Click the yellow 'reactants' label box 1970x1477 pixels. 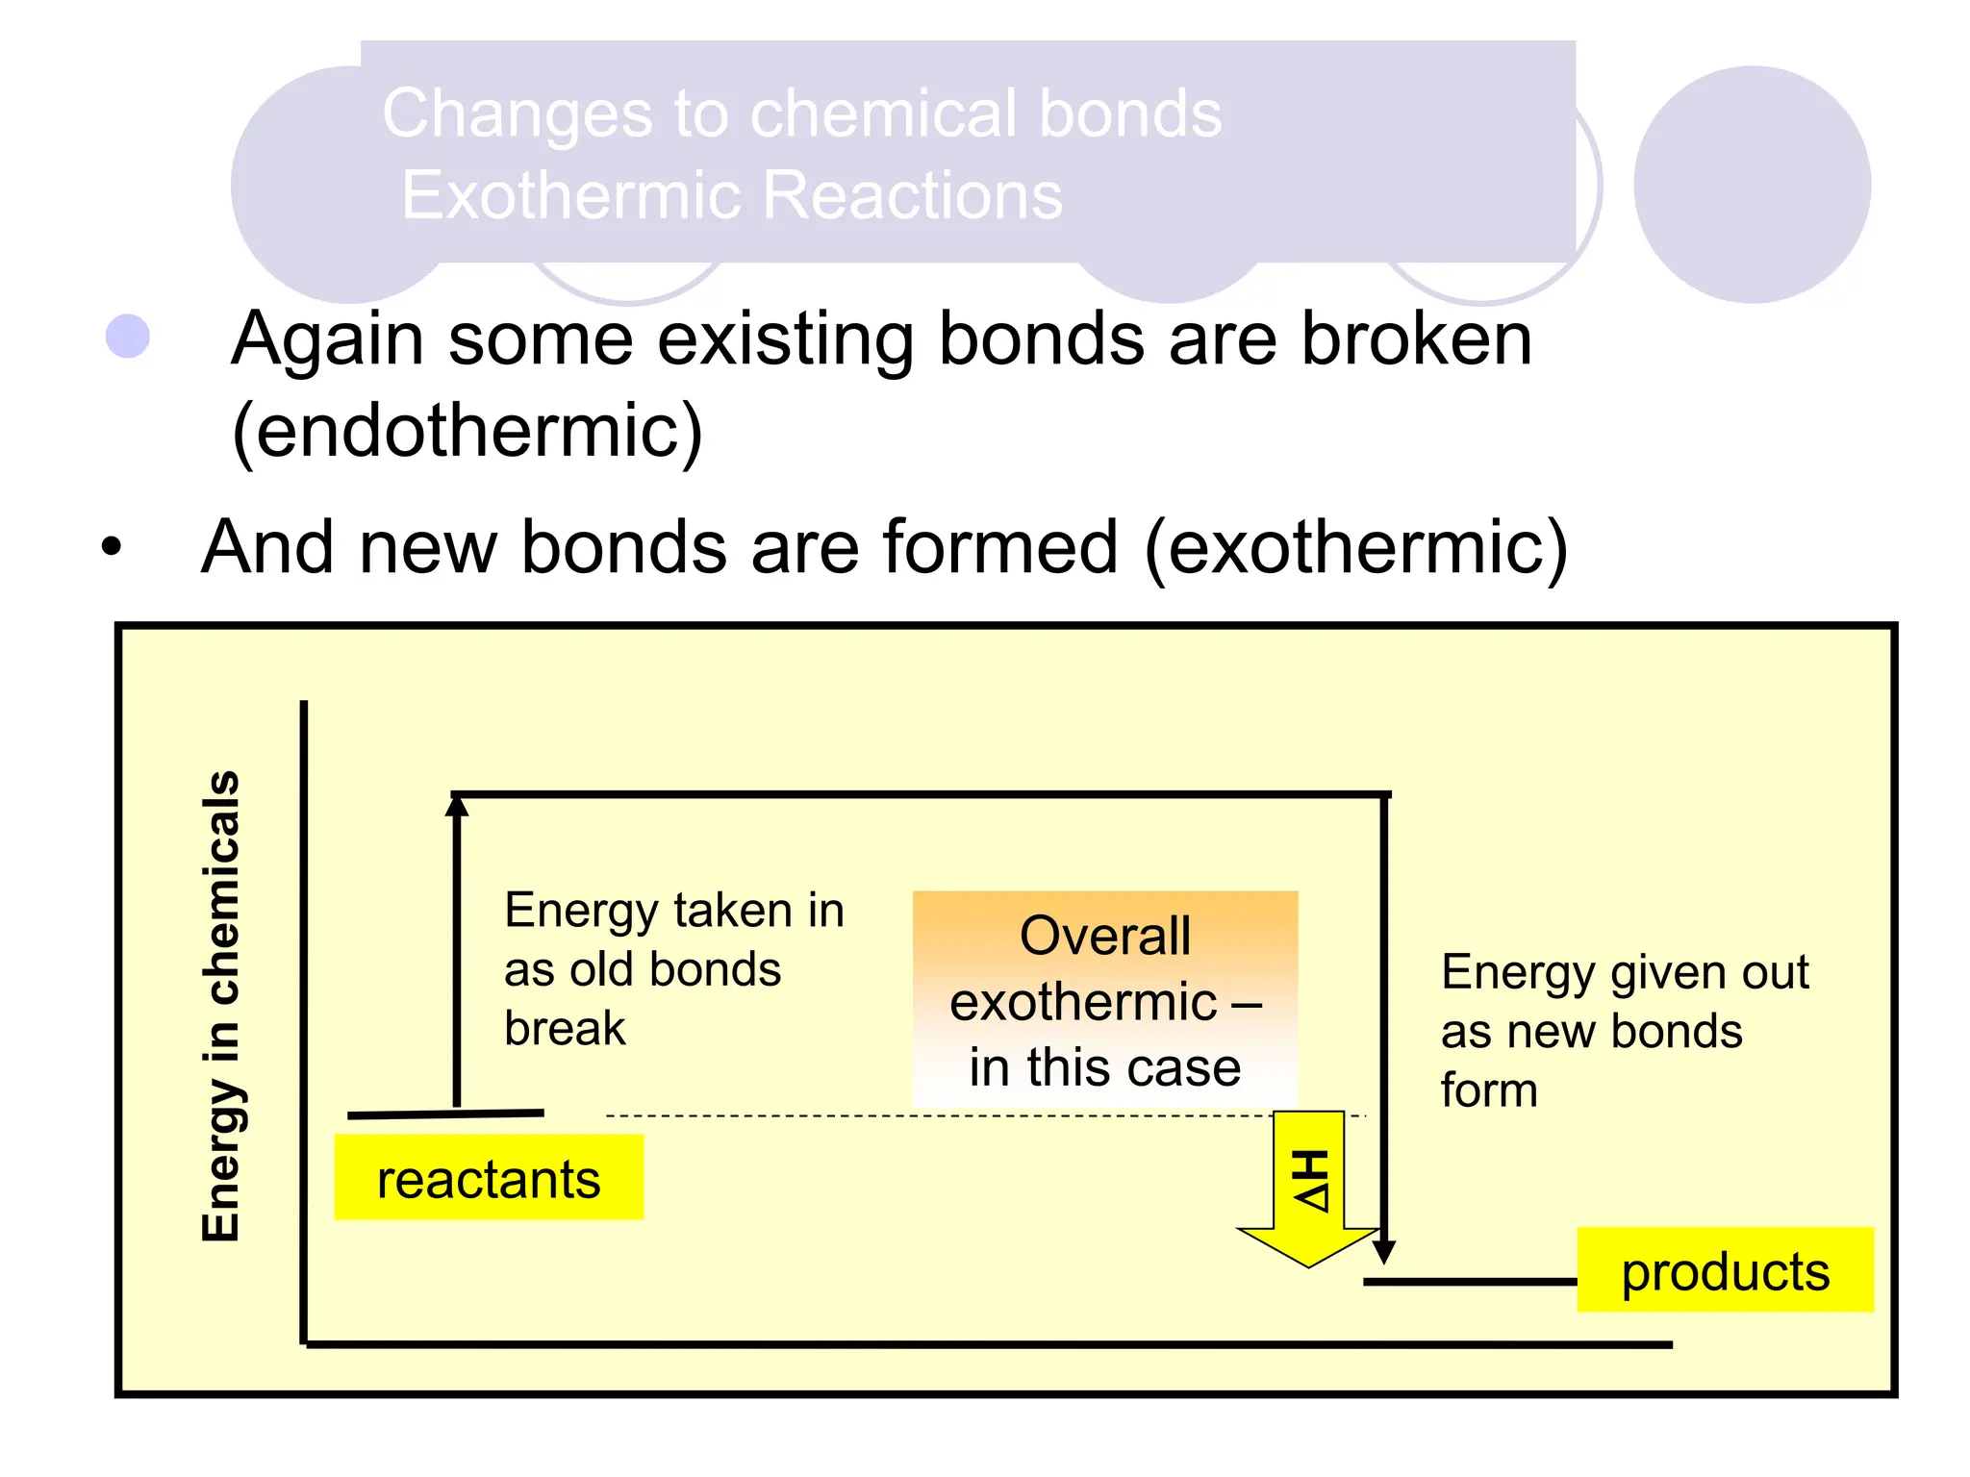[x=489, y=1177]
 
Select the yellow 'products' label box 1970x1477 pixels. [x=1725, y=1269]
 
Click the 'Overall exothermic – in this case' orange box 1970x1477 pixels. [x=1104, y=999]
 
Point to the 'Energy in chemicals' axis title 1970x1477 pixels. [x=221, y=1005]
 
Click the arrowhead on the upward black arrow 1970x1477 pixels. [x=457, y=806]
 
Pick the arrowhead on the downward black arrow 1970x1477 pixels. [x=1384, y=1251]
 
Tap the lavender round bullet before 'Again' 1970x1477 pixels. [x=128, y=337]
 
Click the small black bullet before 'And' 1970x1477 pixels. [x=113, y=546]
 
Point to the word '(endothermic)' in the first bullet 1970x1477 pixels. [x=467, y=431]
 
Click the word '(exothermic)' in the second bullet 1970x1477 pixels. [x=1356, y=546]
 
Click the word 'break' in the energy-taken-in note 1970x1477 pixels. [x=565, y=1028]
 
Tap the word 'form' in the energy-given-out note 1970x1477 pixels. [x=1488, y=1090]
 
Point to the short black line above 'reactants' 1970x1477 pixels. [x=445, y=1114]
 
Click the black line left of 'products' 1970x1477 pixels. [x=1469, y=1282]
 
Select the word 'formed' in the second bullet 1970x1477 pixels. [x=992, y=546]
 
